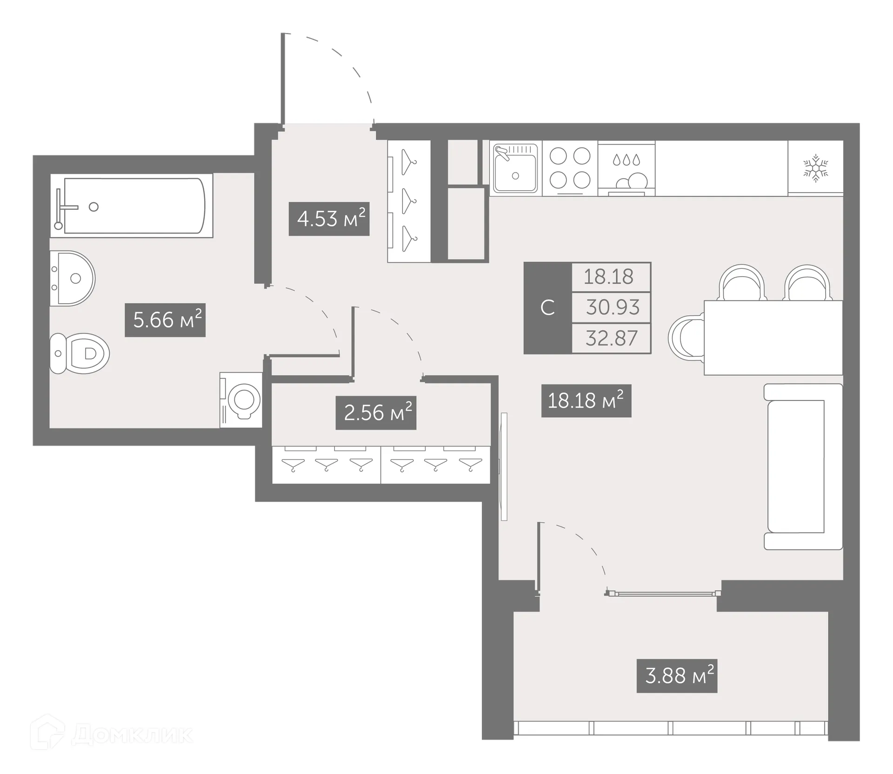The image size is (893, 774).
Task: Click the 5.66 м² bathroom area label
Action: click(x=165, y=320)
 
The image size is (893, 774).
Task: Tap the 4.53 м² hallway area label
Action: click(x=329, y=219)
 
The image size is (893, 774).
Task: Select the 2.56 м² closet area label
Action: click(x=376, y=413)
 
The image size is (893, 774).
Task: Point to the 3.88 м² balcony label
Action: click(x=677, y=676)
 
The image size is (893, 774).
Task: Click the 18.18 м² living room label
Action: click(x=586, y=400)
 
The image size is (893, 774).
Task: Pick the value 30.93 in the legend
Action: click(x=612, y=307)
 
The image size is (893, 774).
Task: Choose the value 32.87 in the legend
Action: click(x=611, y=338)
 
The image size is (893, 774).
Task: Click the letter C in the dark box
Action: click(x=547, y=308)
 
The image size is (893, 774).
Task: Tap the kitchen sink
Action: click(x=515, y=169)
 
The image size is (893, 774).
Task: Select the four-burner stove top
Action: click(x=570, y=168)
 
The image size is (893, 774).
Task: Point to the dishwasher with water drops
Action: click(x=626, y=169)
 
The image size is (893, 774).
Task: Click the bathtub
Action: click(x=133, y=206)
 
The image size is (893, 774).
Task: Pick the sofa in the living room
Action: click(x=802, y=467)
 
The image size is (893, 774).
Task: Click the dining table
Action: click(x=773, y=338)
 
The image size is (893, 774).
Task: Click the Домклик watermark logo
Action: click(x=112, y=735)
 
